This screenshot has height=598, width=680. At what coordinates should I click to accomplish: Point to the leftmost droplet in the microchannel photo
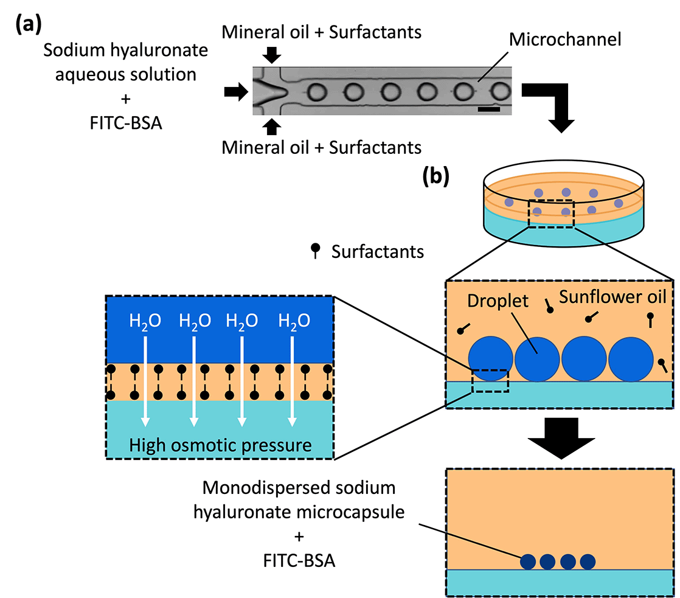click(x=317, y=92)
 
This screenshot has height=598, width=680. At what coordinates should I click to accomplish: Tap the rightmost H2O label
click(x=294, y=321)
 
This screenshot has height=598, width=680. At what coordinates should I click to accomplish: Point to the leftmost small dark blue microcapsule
click(x=530, y=561)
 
